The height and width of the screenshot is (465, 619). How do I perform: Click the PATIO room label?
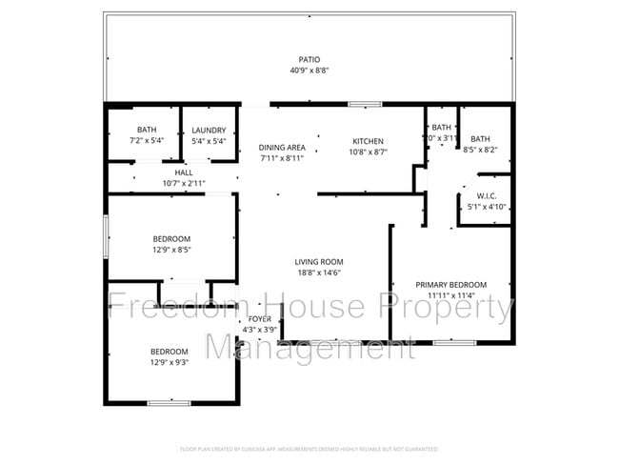(309, 59)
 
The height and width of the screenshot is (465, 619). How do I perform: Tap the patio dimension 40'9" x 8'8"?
(309, 71)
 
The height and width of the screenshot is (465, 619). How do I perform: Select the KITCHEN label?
(368, 140)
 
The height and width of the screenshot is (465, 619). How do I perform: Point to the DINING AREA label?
(282, 148)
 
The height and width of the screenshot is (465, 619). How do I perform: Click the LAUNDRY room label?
(209, 131)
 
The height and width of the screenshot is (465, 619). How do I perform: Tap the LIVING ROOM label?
(318, 262)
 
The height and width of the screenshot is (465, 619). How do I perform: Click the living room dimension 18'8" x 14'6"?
(318, 273)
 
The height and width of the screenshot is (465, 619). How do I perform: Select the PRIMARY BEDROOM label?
(451, 285)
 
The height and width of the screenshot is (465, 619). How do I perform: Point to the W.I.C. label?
(473, 196)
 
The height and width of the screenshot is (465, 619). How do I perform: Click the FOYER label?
(259, 318)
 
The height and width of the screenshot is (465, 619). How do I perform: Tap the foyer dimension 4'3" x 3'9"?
(259, 330)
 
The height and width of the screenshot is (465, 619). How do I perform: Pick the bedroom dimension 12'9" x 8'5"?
(171, 250)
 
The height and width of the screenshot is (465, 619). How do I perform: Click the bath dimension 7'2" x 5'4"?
(146, 142)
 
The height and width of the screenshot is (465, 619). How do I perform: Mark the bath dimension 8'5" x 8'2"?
(481, 150)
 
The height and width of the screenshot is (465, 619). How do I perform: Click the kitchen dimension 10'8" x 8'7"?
(368, 152)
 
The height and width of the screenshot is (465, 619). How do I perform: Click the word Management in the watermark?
(311, 348)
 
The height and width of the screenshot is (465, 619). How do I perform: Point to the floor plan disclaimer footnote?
(309, 448)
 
